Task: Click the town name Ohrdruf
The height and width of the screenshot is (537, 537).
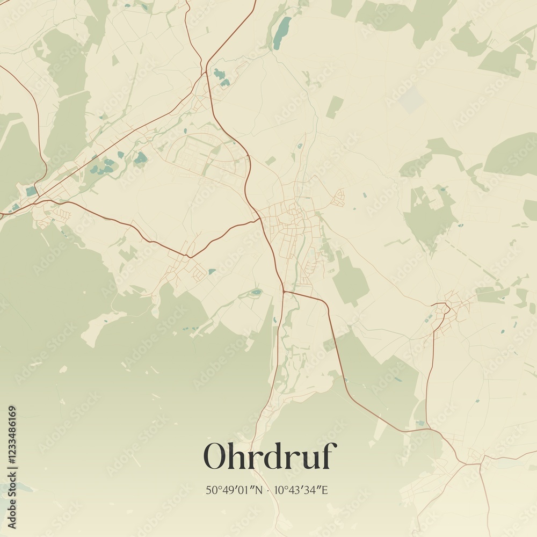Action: click(x=270, y=456)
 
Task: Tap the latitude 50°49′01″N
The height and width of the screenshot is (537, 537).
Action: click(x=234, y=490)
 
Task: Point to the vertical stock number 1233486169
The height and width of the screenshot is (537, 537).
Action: click(x=12, y=467)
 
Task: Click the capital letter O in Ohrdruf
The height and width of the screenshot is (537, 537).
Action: click(x=215, y=456)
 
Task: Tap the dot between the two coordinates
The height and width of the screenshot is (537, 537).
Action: click(x=268, y=490)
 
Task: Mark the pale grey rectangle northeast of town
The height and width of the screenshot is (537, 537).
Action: click(x=412, y=100)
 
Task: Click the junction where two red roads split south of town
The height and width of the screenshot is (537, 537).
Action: click(x=283, y=292)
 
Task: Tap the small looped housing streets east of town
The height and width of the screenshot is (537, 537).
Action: click(x=338, y=198)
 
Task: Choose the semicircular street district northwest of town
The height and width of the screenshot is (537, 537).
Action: click(x=204, y=153)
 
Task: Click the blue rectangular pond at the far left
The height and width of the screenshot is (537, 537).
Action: click(x=31, y=191)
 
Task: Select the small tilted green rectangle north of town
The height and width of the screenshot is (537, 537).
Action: click(x=334, y=107)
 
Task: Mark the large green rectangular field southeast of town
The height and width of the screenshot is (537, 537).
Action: click(x=350, y=279)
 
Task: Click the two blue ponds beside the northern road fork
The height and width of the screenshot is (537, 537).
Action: click(x=220, y=76)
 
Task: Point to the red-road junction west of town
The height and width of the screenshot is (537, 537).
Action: click(x=188, y=257)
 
